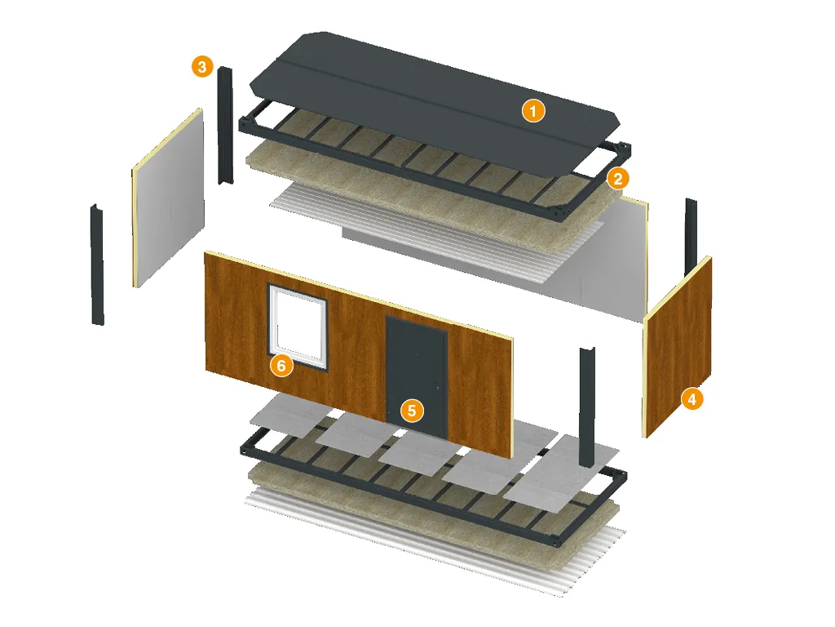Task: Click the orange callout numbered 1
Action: pos(533,111)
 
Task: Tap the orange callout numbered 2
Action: pos(618,178)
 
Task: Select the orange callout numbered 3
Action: pos(202,67)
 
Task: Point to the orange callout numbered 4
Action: pos(691,398)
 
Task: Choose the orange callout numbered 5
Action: pos(412,411)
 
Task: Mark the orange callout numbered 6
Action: pos(281,366)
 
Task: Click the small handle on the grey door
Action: pos(437,388)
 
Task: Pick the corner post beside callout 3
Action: pos(225,126)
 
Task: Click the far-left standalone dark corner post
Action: pos(97,265)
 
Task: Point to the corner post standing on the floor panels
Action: pos(587,408)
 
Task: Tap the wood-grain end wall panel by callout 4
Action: pos(678,347)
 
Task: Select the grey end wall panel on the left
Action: pos(168,198)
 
